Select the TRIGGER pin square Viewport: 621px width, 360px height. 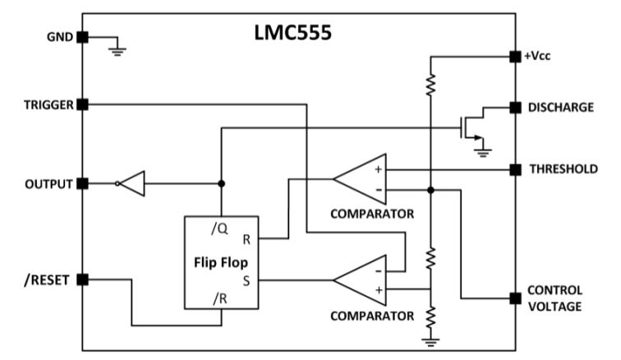pos(82,104)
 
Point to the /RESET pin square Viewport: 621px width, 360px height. pos(82,279)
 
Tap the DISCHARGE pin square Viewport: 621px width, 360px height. pos(515,107)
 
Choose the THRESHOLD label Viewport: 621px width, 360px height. pos(562,169)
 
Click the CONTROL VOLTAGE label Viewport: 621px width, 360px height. pos(554,298)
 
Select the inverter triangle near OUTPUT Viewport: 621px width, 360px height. pos(133,183)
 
